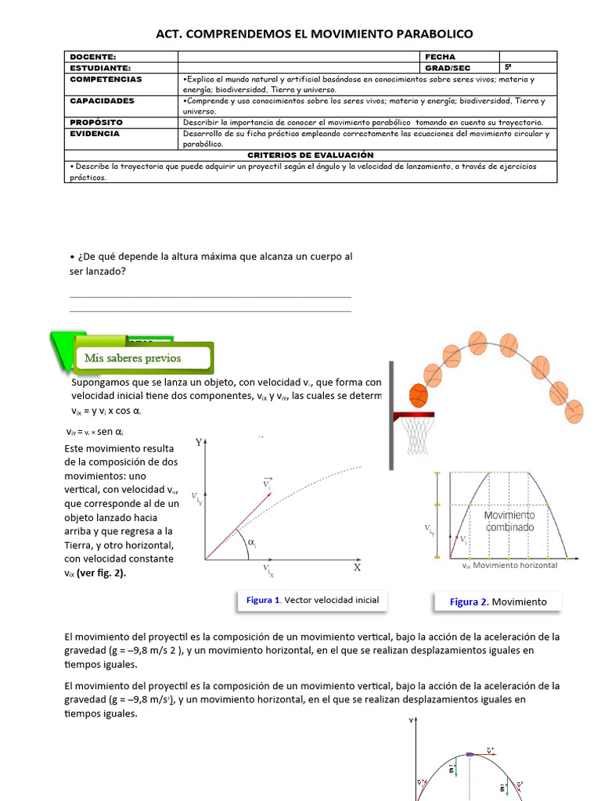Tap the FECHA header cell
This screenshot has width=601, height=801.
[x=439, y=57]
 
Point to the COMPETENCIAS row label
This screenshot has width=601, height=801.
[x=106, y=79]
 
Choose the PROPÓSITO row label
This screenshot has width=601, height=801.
[x=96, y=123]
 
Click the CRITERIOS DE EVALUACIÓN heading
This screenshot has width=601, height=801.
[x=311, y=155]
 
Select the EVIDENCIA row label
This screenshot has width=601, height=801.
[x=95, y=134]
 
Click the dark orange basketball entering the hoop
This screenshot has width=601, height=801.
[x=419, y=396]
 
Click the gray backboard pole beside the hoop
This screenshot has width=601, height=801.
[x=390, y=415]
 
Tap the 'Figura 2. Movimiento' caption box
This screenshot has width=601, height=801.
[x=498, y=602]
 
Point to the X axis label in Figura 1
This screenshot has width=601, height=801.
[x=357, y=568]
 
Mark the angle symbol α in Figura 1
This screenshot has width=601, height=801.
[x=251, y=542]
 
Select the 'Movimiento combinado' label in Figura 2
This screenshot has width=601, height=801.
[x=509, y=521]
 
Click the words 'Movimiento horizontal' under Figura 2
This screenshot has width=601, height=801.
[x=516, y=565]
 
